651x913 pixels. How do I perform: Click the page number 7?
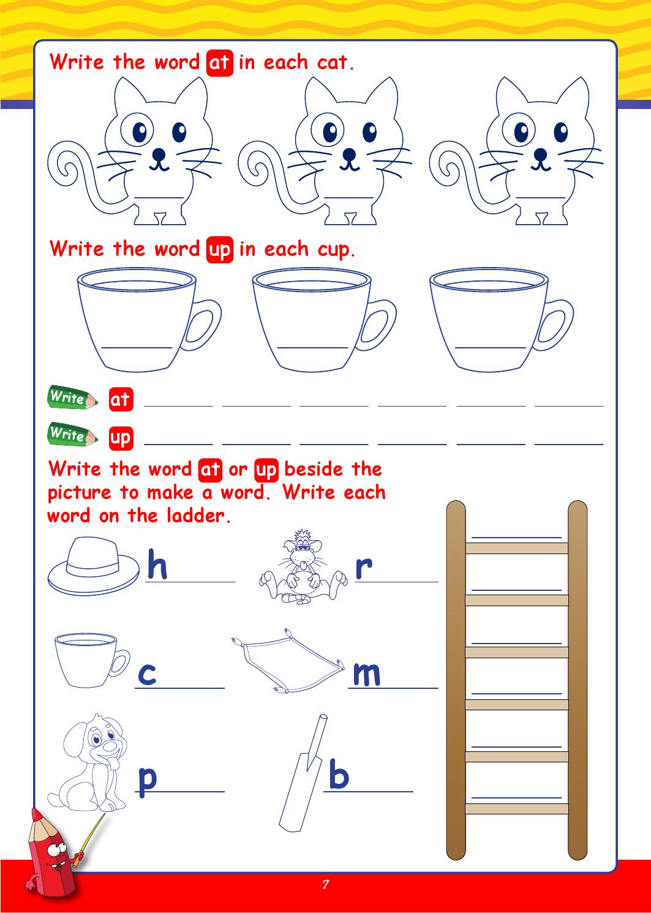point(325,884)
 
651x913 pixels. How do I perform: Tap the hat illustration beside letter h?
point(94,565)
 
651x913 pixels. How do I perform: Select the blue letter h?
point(157,565)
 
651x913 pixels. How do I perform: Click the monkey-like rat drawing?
point(303,566)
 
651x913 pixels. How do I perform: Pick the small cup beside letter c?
point(92,660)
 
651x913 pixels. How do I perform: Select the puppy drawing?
point(88,762)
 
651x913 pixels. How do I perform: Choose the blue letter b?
point(339,773)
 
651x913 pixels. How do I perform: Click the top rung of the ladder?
point(517,548)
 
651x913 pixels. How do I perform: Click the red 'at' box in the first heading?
point(220,63)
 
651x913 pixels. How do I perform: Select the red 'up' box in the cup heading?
point(220,249)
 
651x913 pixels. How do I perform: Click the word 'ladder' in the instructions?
point(199,516)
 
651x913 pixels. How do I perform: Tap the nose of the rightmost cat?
point(540,154)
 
